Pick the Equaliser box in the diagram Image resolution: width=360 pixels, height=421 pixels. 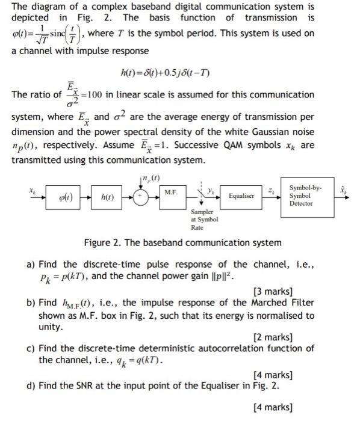[x=241, y=196]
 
